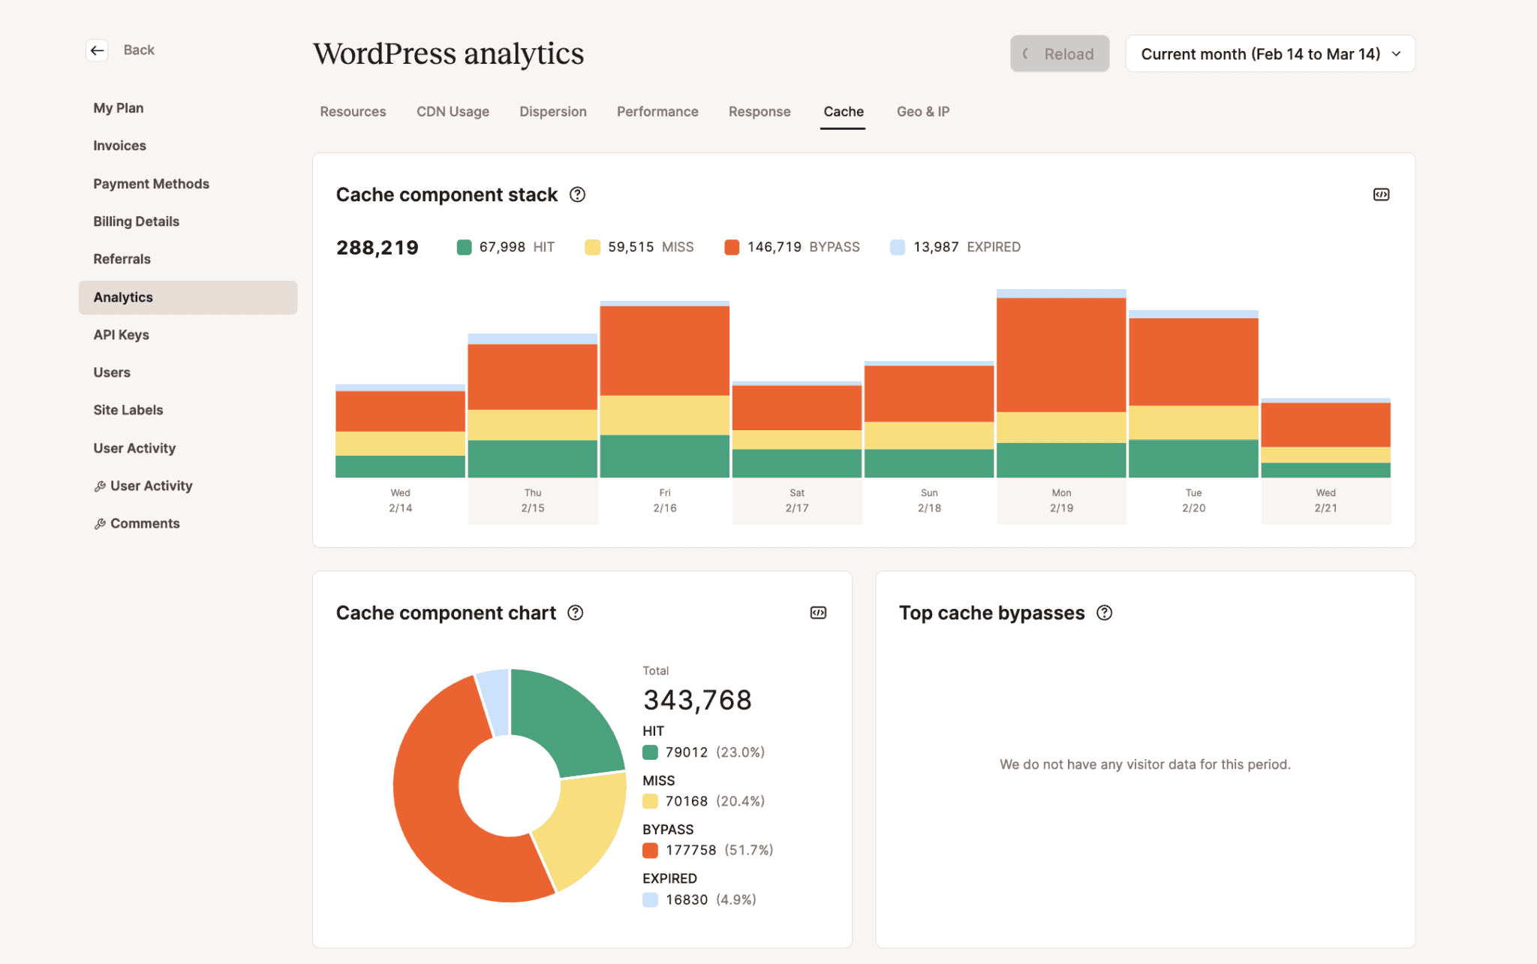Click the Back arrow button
pos(98,50)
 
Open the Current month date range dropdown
pos(1270,54)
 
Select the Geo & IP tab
pos(922,111)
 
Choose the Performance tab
pos(657,111)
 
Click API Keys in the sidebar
pos(121,335)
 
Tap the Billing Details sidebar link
pos(136,221)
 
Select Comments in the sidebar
pos(144,523)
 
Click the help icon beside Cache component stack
pos(577,194)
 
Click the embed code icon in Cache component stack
pos(1381,194)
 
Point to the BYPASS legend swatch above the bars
pos(732,247)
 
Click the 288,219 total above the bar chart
pos(377,248)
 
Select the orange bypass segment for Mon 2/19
pos(1061,354)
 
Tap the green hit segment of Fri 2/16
pos(664,456)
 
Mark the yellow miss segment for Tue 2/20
pos(1193,422)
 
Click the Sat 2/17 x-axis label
pos(796,501)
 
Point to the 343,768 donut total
pos(696,700)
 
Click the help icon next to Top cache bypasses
pos(1104,613)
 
